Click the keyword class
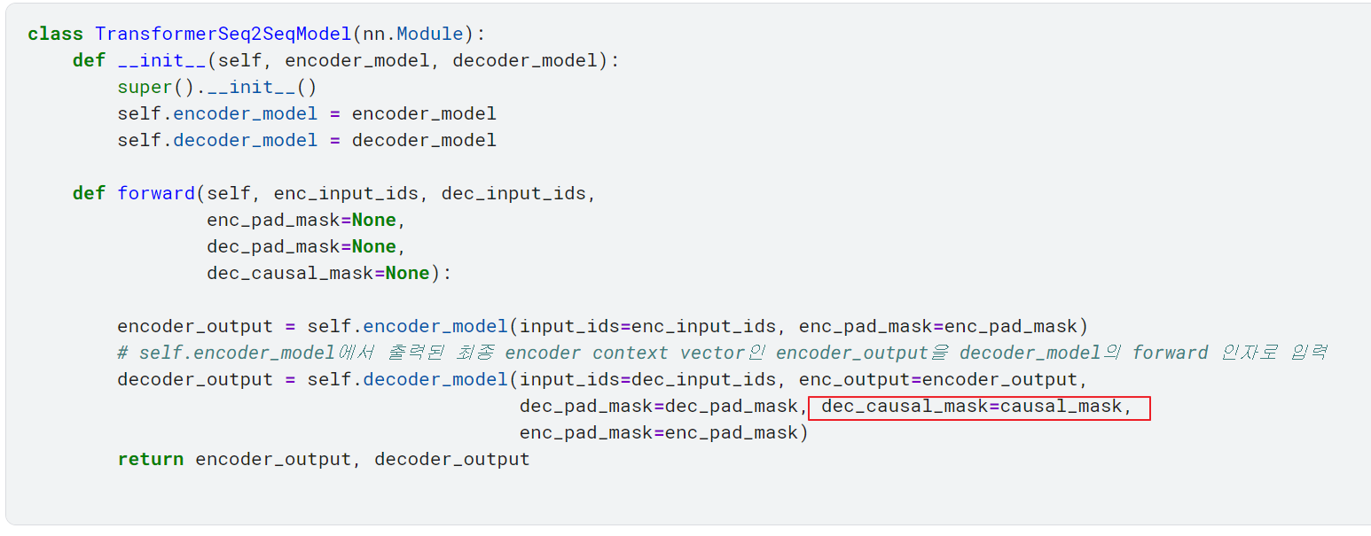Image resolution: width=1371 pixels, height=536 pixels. tap(55, 34)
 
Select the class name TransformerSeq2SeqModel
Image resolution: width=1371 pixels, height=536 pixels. tap(223, 34)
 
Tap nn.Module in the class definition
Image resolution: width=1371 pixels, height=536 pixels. tap(413, 34)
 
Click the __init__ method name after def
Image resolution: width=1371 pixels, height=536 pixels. tap(161, 60)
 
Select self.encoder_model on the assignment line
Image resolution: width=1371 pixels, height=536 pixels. tap(217, 113)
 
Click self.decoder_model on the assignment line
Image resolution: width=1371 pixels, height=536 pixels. tap(217, 141)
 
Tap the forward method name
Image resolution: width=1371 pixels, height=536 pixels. tap(156, 193)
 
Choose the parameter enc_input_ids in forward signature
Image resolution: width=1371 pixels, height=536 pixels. tap(346, 193)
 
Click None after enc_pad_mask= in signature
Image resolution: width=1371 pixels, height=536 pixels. tap(373, 220)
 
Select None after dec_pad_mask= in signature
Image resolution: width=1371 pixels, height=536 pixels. tap(373, 246)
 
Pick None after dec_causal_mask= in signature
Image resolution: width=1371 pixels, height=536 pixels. tap(407, 273)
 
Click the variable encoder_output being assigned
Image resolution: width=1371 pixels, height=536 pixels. tap(195, 326)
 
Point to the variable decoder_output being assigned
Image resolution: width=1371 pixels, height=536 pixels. tap(195, 379)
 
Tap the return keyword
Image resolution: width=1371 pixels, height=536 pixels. tap(151, 459)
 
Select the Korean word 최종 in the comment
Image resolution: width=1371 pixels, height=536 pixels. tap(475, 353)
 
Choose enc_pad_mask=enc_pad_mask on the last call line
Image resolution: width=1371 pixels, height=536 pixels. tap(659, 432)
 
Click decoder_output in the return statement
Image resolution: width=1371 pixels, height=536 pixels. tap(451, 459)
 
